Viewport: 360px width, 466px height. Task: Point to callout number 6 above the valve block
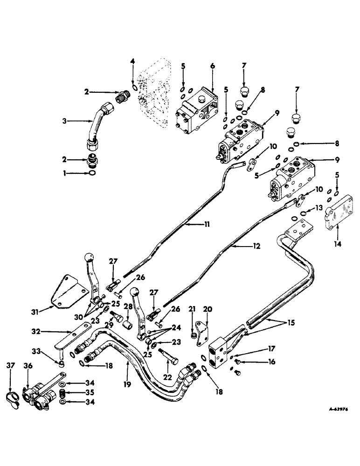click(x=213, y=66)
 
